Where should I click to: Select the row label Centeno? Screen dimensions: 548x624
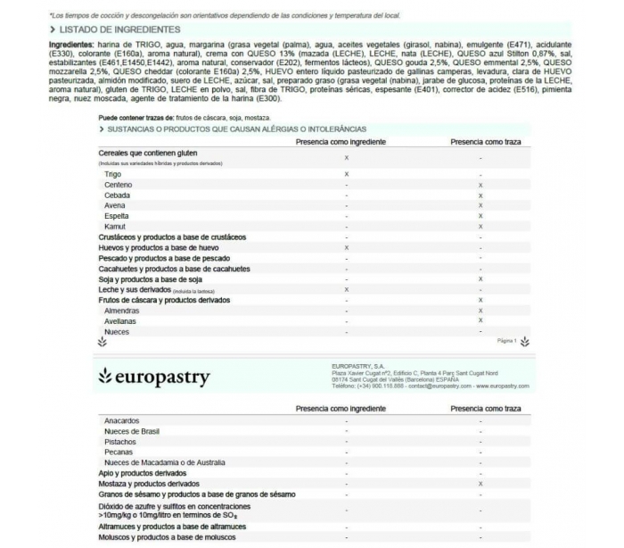point(118,185)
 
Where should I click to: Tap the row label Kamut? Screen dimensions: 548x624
point(116,226)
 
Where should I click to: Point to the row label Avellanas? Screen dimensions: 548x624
point(121,321)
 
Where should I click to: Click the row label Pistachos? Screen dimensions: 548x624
point(120,441)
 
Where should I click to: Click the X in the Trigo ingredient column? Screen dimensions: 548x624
point(346,174)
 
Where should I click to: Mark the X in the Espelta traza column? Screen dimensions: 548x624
point(480,216)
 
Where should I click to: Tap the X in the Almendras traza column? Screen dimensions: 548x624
point(480,311)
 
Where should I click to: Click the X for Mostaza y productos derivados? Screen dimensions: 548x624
point(480,483)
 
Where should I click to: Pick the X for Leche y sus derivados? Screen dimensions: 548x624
point(346,289)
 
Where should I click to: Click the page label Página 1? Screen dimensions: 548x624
point(505,341)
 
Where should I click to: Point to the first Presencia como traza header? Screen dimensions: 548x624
point(485,141)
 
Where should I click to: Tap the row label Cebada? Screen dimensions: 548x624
point(117,195)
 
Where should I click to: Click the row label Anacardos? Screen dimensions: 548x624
point(121,419)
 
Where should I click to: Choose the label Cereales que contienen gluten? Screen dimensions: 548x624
point(147,154)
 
